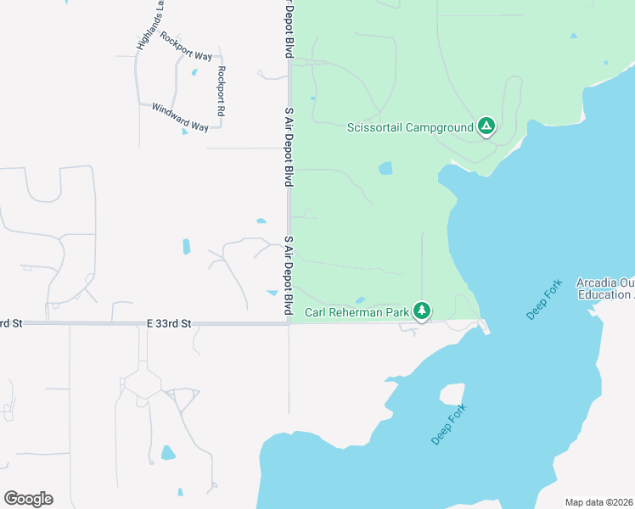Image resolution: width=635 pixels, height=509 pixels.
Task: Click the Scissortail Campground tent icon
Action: tap(486, 127)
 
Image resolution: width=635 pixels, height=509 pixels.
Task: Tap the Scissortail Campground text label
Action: tap(410, 128)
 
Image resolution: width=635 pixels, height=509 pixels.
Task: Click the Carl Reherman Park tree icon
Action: tap(422, 311)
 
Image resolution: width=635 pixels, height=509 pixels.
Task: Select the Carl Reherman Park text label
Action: tap(357, 312)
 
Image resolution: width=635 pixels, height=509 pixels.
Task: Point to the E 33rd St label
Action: tap(169, 323)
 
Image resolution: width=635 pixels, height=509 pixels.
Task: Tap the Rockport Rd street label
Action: tap(220, 91)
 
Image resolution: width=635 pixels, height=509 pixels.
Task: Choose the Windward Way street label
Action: tap(180, 117)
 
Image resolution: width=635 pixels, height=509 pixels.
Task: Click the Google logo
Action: tap(28, 499)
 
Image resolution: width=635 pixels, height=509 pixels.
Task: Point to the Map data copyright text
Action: tap(598, 502)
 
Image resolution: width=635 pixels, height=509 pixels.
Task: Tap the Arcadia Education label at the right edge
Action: tap(605, 288)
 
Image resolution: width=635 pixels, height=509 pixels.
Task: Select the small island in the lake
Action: tap(452, 394)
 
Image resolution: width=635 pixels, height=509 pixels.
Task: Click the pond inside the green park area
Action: tap(385, 168)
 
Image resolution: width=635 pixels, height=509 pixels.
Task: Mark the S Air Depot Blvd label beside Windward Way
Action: tap(289, 147)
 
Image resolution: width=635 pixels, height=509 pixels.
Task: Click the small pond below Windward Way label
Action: tap(184, 131)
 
